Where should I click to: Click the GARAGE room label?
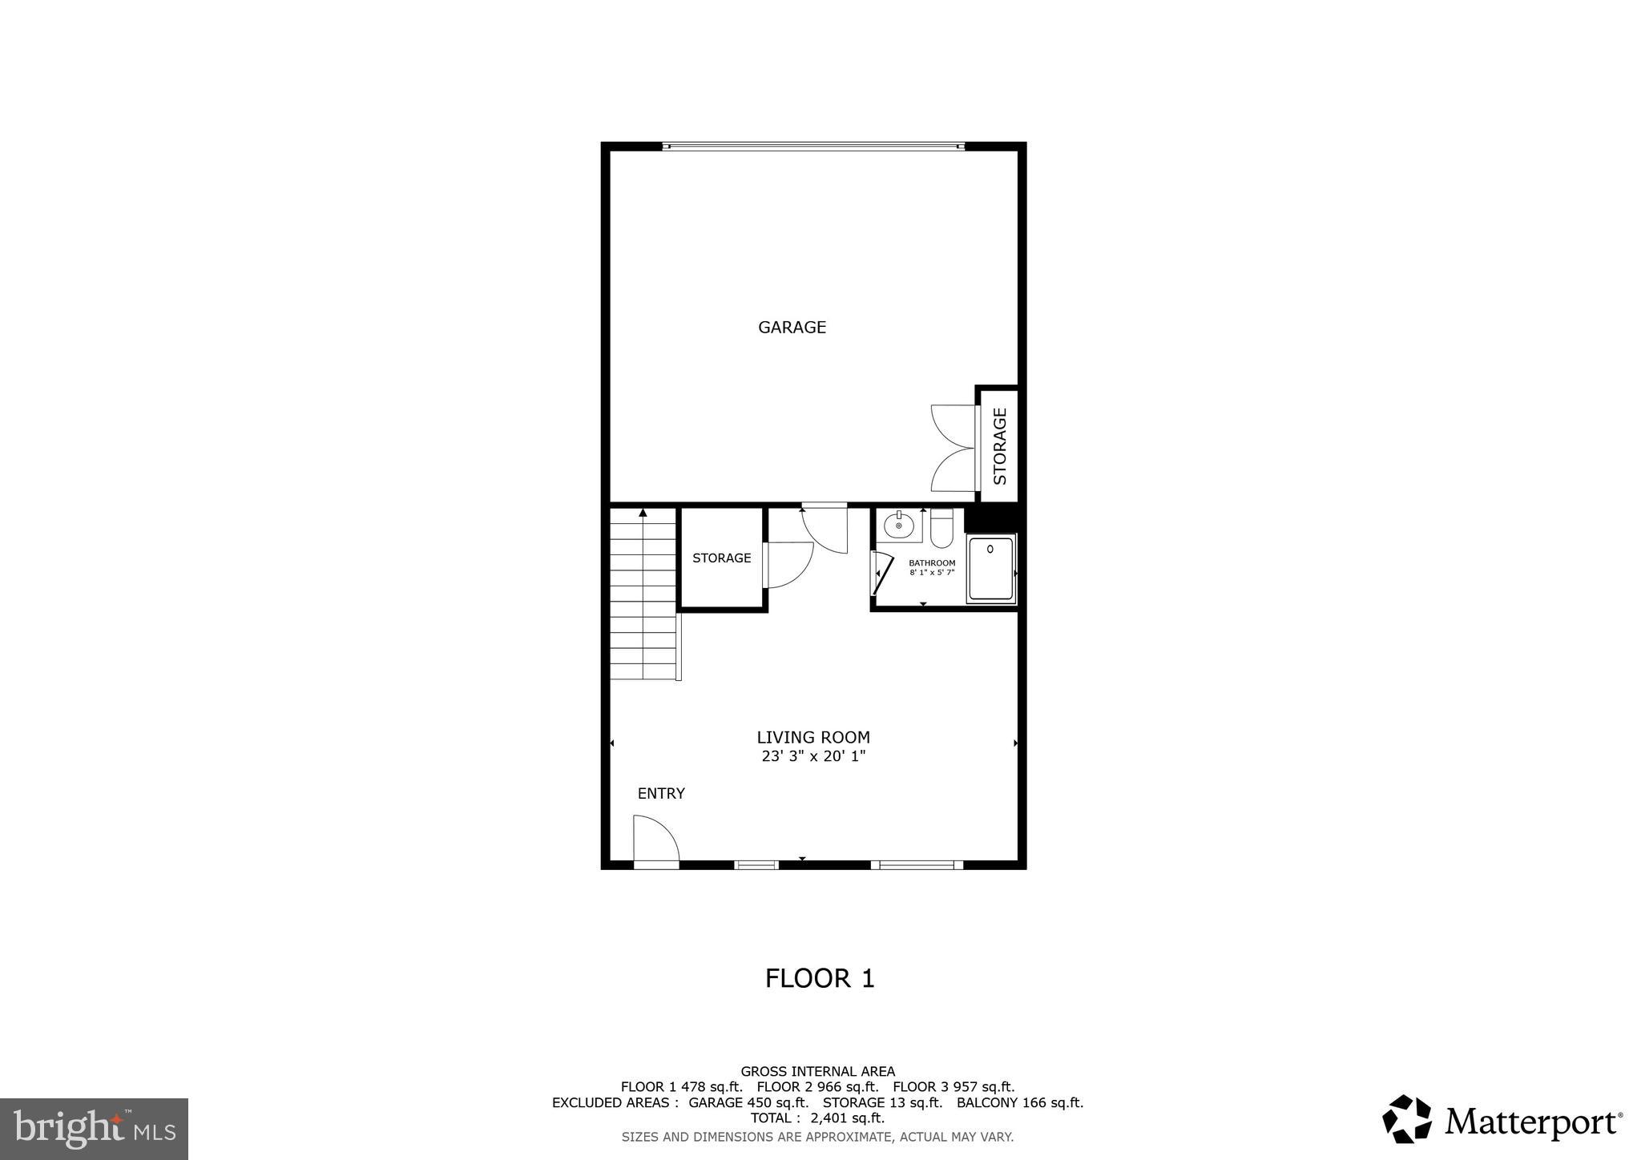tap(792, 327)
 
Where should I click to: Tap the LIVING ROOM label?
tap(813, 737)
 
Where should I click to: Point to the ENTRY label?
tap(661, 793)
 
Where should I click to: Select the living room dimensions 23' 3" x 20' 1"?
tap(813, 756)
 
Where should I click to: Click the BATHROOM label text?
tap(932, 563)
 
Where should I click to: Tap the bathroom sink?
tap(899, 526)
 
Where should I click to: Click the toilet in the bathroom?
tap(941, 529)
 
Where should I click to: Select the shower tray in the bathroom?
tap(991, 570)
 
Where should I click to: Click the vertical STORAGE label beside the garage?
tap(1000, 446)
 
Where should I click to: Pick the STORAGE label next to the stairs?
tap(722, 558)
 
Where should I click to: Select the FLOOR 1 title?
tap(820, 978)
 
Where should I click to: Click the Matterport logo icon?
tap(1406, 1118)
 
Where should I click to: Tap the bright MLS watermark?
tap(94, 1129)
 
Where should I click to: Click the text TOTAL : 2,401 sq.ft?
tap(817, 1118)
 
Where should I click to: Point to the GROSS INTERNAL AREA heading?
tap(817, 1071)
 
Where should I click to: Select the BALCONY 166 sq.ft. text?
tap(1020, 1102)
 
